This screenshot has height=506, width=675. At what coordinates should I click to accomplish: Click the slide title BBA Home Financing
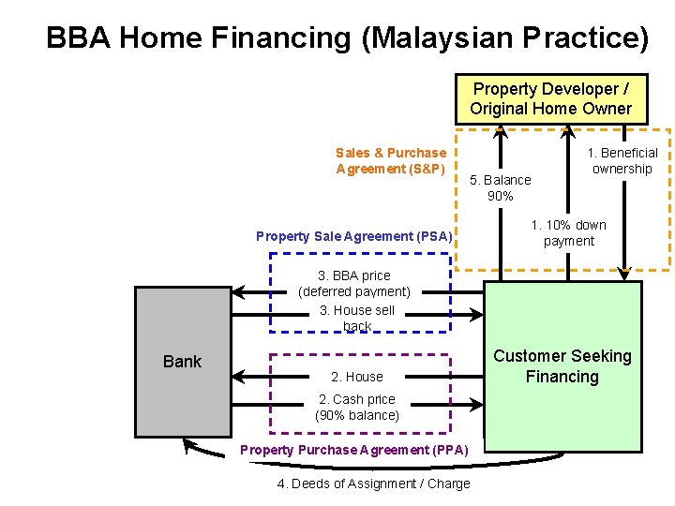[346, 37]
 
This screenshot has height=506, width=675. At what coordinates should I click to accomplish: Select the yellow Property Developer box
[551, 98]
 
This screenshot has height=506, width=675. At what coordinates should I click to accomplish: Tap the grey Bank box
[183, 362]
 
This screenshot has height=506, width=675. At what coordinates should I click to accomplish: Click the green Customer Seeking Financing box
[562, 366]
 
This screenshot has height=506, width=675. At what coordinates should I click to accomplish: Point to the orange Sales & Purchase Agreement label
[391, 160]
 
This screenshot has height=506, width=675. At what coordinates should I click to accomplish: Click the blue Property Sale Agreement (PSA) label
[353, 236]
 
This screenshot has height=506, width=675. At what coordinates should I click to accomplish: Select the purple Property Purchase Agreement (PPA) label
[354, 450]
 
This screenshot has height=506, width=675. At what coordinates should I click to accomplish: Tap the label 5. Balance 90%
[501, 187]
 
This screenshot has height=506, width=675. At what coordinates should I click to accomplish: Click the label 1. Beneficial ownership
[622, 160]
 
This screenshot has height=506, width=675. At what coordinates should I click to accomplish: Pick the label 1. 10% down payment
[569, 232]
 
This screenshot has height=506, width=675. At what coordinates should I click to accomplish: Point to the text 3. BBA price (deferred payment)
[354, 283]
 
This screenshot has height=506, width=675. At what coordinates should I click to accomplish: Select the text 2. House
[357, 377]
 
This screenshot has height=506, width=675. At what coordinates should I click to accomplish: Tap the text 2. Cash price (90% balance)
[357, 407]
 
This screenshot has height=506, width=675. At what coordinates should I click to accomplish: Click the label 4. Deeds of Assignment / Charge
[374, 484]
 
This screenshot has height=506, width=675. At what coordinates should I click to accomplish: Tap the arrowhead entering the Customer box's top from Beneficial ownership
[625, 274]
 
